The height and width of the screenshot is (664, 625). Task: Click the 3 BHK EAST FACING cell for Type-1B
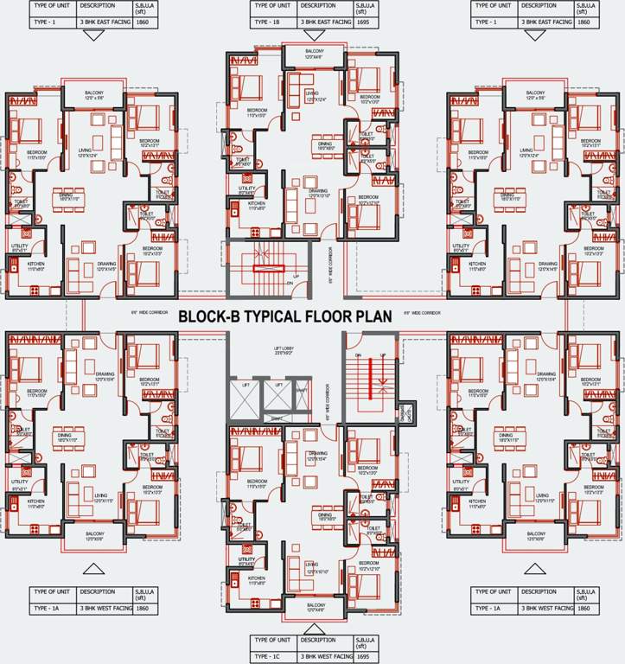(x=323, y=19)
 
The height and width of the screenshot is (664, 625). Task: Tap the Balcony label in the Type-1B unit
(x=313, y=54)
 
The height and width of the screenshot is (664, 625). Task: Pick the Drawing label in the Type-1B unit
(x=317, y=193)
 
